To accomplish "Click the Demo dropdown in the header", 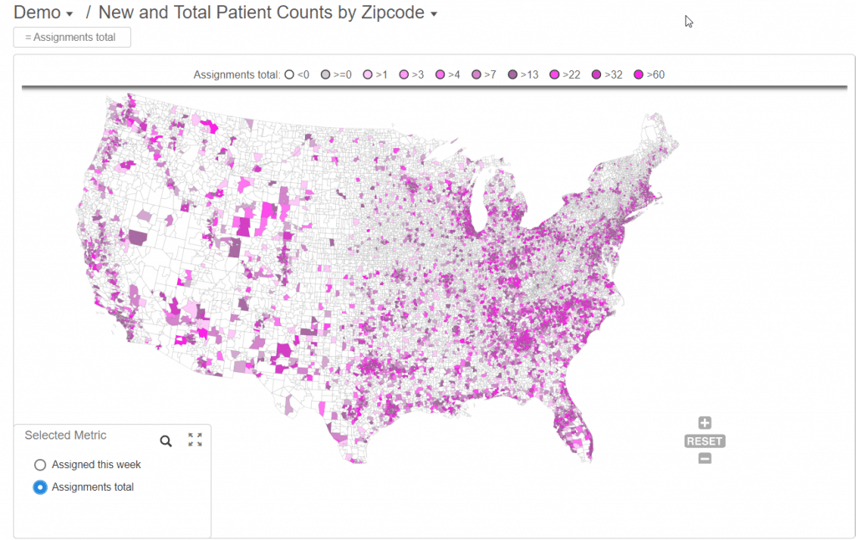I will [43, 13].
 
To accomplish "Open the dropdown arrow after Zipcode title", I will [434, 14].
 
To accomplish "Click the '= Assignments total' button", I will [72, 38].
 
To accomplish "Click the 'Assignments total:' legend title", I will [237, 74].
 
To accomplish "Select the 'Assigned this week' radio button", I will [40, 465].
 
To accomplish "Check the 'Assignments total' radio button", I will [40, 487].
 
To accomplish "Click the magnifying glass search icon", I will [166, 441].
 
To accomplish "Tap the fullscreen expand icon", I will [196, 440].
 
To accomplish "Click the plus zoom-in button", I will [705, 423].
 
